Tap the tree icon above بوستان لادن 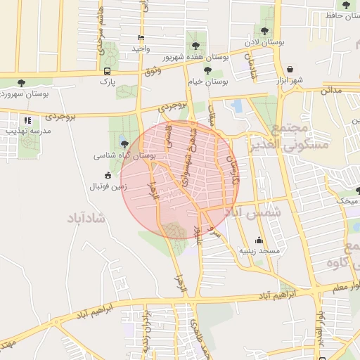(x=264, y=31)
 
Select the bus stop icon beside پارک (x=107, y=71)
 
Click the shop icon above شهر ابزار (x=290, y=70)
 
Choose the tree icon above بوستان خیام (x=207, y=70)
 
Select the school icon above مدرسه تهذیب (x=27, y=120)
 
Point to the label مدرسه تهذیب (x=28, y=131)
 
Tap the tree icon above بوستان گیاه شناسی (x=124, y=143)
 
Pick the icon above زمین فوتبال (x=108, y=175)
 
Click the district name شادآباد (x=88, y=218)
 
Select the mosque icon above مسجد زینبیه (x=259, y=240)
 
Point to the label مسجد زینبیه (x=259, y=250)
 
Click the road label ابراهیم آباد (x=285, y=292)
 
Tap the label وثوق (x=151, y=70)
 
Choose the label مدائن (x=331, y=91)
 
